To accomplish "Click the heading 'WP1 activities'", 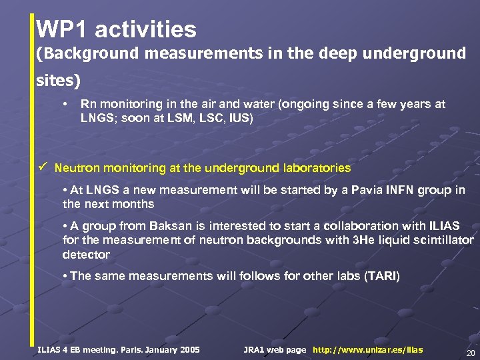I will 116,29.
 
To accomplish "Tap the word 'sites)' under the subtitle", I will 58,81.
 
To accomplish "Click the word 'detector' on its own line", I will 86,255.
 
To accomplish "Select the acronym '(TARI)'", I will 381,276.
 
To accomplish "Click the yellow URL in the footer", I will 367,349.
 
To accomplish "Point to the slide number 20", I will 470,353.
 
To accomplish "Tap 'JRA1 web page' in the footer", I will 275,349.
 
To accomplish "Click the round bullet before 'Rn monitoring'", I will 65,105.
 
